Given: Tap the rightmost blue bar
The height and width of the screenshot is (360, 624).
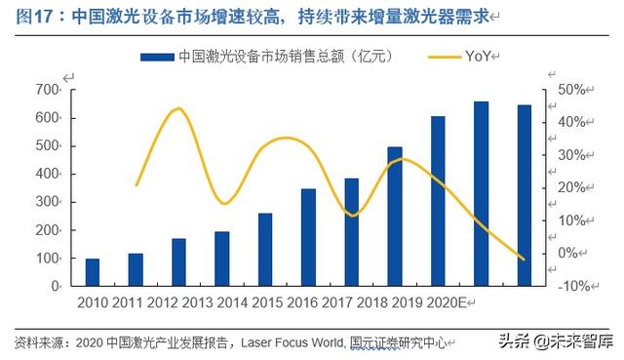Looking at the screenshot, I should click(524, 195).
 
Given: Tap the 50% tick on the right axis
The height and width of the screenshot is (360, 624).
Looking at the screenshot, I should click(568, 90).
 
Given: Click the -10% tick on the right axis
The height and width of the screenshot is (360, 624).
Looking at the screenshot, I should click(568, 286).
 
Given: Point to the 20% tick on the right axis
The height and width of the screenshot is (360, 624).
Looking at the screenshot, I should click(568, 187).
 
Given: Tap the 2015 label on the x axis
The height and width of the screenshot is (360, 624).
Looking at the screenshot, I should click(281, 302).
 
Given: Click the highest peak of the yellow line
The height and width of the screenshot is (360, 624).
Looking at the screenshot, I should click(177, 108).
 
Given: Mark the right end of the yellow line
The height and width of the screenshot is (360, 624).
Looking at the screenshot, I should click(524, 260).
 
